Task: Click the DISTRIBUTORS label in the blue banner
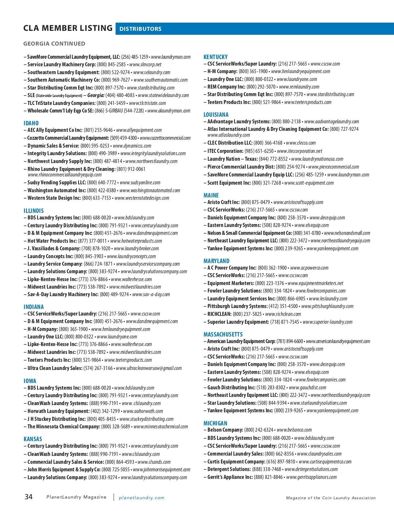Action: click(140, 29)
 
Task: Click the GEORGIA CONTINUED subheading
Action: click(54, 44)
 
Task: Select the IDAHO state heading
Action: click(31, 123)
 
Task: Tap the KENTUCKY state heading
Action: click(215, 57)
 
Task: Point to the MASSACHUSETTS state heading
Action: click(223, 334)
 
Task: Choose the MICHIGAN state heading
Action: click(215, 423)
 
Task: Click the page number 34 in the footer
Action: click(29, 497)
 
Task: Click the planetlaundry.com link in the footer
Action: click(142, 498)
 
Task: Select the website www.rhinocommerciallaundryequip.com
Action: click(65, 174)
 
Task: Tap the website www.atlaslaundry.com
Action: click(229, 135)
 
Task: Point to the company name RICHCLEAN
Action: click(219, 314)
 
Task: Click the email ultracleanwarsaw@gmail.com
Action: click(149, 368)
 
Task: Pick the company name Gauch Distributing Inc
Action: click(231, 388)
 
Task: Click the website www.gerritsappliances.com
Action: click(311, 477)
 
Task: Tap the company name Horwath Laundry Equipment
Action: click(58, 411)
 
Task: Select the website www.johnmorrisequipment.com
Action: click(162, 470)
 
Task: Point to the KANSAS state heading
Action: click(33, 439)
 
